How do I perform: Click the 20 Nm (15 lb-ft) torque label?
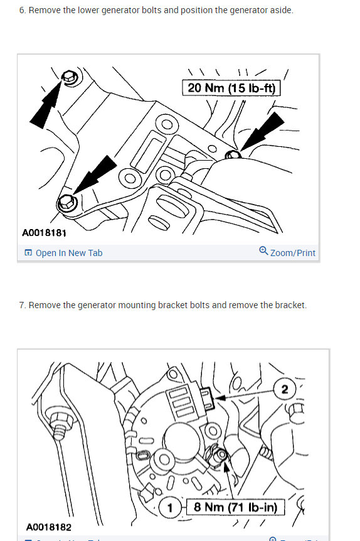click(231, 88)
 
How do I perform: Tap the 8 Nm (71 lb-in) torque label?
click(235, 506)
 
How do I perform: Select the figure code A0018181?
click(45, 233)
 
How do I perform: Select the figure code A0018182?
click(49, 528)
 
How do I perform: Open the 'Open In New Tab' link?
click(68, 253)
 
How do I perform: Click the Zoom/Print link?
click(292, 253)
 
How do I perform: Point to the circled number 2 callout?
click(285, 390)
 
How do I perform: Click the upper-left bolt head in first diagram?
click(69, 77)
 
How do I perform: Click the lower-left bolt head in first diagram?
click(66, 203)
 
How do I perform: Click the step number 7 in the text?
click(22, 305)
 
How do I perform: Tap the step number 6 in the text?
click(22, 11)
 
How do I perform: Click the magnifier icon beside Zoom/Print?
click(263, 252)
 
